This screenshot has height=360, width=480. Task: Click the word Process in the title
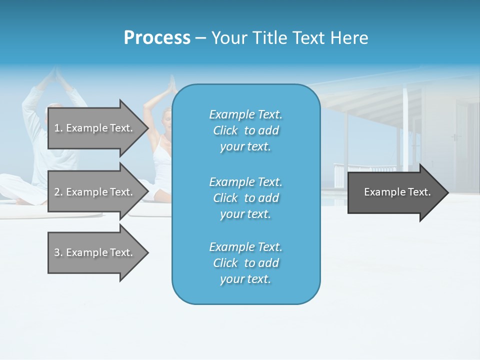(157, 38)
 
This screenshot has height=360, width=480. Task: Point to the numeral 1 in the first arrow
(57, 128)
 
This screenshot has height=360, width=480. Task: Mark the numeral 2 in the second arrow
(57, 192)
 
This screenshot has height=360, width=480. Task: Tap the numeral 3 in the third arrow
(57, 252)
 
